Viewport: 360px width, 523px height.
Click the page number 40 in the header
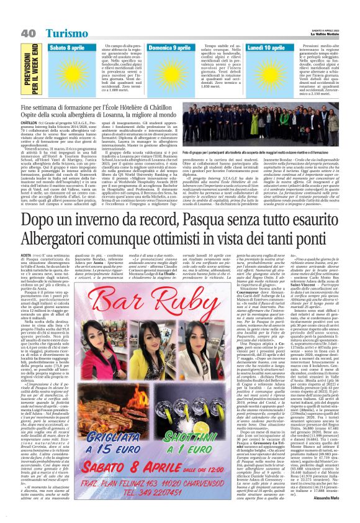click(x=28, y=32)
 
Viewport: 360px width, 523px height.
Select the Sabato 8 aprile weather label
click(x=69, y=48)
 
